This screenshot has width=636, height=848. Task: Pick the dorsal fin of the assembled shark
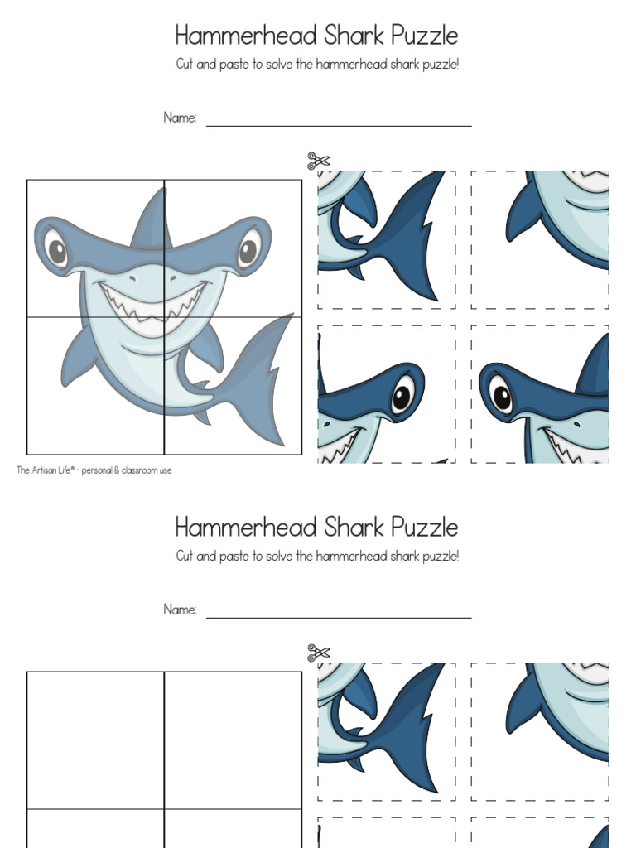click(x=153, y=217)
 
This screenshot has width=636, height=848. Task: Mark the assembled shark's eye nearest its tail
click(x=248, y=247)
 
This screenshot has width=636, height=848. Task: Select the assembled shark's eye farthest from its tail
click(x=55, y=247)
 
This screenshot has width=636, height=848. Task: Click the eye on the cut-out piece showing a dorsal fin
click(x=502, y=394)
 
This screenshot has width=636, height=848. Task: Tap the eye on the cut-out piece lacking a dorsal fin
click(x=402, y=394)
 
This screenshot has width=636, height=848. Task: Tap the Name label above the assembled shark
click(x=180, y=118)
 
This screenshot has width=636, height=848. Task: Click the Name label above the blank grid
click(x=180, y=609)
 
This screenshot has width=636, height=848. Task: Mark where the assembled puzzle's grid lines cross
click(x=164, y=317)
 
